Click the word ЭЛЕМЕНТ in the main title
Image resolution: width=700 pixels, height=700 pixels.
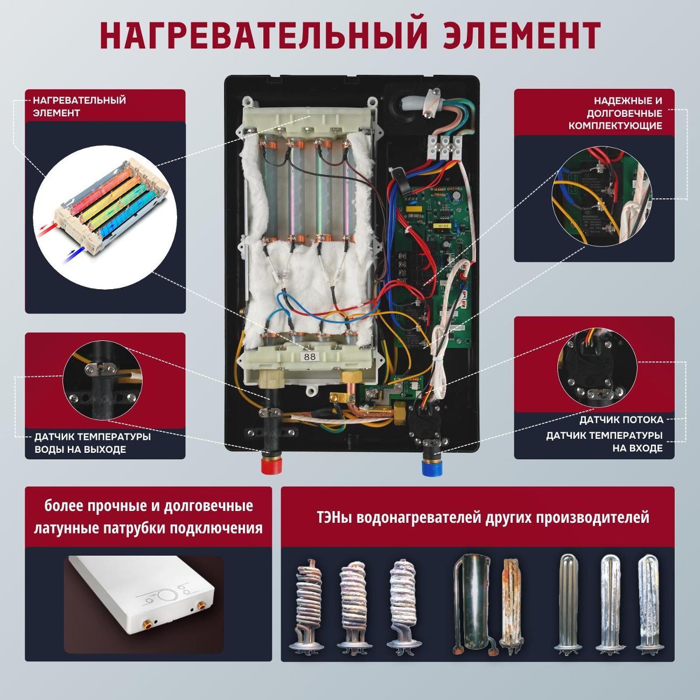[x=521, y=35]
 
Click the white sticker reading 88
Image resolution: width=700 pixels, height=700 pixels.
[x=310, y=356]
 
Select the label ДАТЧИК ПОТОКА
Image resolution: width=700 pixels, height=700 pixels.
[x=621, y=420]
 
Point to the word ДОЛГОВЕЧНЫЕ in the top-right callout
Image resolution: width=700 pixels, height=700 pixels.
[x=624, y=113]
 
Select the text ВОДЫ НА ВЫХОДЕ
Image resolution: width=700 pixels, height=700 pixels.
[x=80, y=450]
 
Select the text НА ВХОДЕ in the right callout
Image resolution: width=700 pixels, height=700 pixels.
[x=638, y=448]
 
